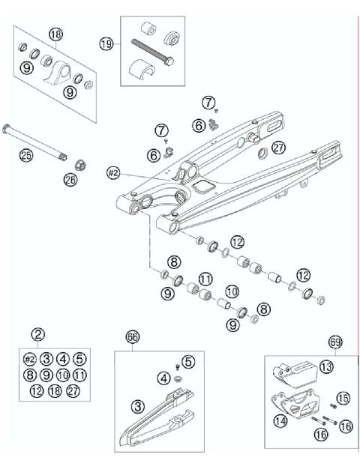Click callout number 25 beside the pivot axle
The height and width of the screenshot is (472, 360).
click(27, 157)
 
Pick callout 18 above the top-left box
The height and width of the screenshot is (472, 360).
click(56, 34)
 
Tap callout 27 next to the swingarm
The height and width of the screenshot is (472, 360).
click(259, 148)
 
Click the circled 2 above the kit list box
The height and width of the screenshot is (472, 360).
click(37, 334)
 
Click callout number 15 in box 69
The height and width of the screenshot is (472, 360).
click(343, 399)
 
